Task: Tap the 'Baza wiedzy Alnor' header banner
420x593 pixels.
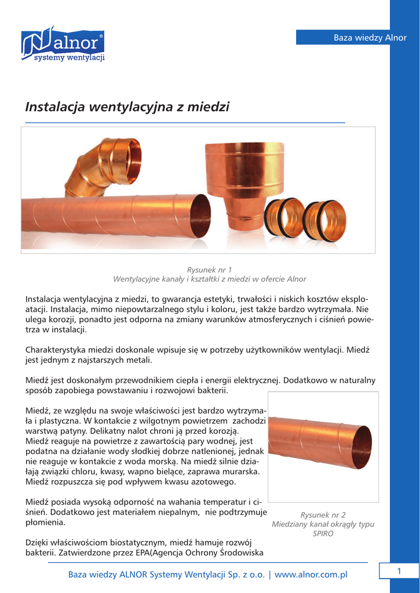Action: coord(353,38)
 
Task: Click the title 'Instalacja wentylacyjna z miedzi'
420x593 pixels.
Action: coord(127,107)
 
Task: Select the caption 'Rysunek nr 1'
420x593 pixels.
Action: coord(209,270)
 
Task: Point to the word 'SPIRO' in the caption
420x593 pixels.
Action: coord(323,533)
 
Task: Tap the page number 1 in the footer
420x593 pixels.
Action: coord(399,572)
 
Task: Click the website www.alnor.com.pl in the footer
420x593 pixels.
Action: coord(311,574)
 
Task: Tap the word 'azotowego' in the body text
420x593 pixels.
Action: coord(215,482)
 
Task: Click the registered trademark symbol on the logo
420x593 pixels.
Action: coord(101,36)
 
